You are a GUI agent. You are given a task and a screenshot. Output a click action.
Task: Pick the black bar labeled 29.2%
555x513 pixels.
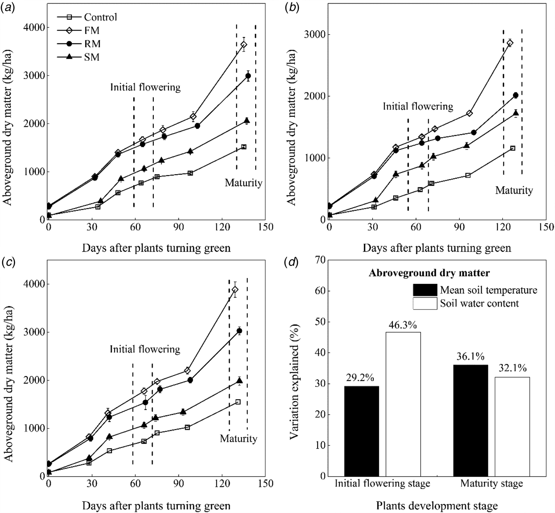coord(362,431)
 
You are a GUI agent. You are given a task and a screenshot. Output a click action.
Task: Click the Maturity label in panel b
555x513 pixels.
coord(514,191)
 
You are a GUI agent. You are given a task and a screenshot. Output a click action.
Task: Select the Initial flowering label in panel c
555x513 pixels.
coord(145,349)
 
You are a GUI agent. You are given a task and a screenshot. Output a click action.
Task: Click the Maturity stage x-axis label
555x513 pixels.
coord(492,484)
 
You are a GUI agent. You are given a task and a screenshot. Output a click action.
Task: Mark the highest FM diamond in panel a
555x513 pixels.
coord(244,44)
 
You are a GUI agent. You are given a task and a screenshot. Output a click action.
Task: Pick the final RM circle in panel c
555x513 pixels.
coord(239,331)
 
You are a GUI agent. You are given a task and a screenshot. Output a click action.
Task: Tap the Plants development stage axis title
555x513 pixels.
coord(437,506)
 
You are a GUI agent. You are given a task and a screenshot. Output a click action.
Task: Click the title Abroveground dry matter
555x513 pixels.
coord(429,273)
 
